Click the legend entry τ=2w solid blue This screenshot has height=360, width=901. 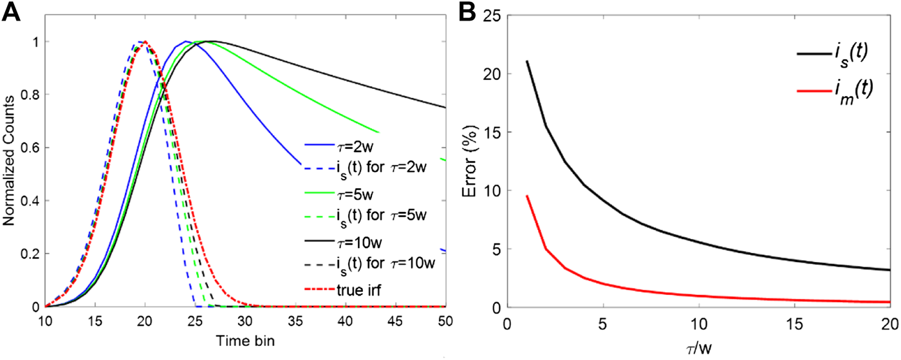[353, 146]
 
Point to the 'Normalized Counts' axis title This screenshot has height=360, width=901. [9, 174]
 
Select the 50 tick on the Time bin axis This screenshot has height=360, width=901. [445, 320]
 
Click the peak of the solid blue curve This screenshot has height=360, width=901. [185, 42]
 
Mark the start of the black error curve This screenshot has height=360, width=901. [527, 61]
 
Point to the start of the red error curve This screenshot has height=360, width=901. [527, 196]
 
